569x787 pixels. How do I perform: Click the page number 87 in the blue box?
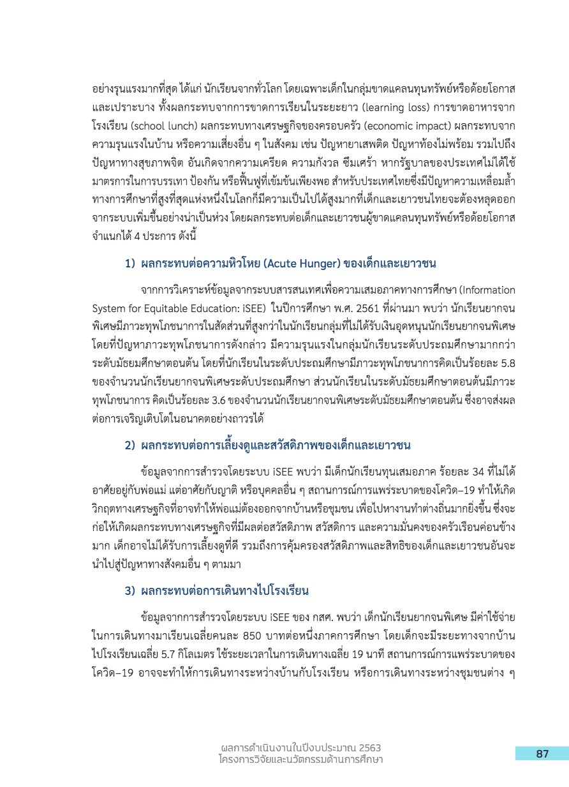tap(542, 754)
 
